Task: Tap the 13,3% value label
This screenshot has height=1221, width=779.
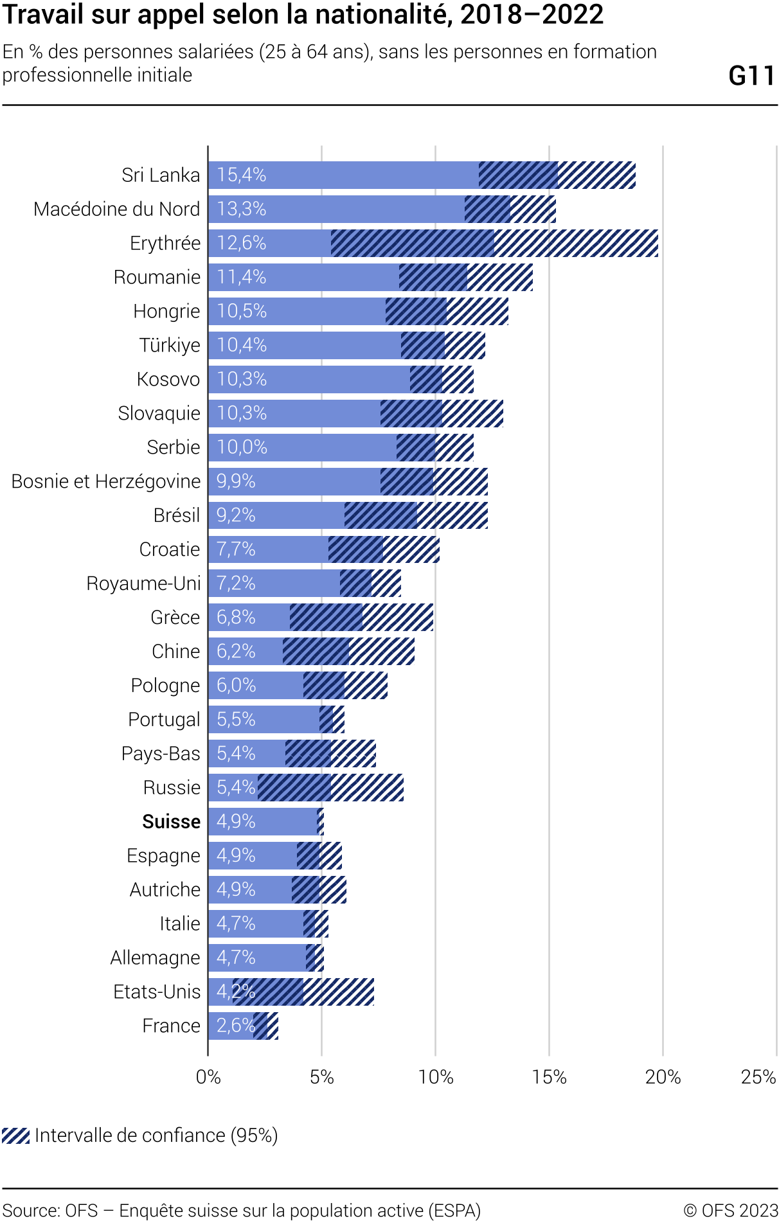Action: point(241,209)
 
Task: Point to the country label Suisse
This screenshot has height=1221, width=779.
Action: point(171,822)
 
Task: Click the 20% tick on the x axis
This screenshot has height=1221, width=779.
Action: point(663,1077)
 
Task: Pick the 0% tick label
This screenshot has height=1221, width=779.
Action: point(208,1077)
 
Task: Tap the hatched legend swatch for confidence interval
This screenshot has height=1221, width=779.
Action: point(16,1136)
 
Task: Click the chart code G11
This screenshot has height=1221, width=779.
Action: point(751,76)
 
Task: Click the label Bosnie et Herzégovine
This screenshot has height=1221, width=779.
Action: point(106,481)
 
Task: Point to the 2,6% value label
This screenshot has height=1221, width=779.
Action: point(236,1026)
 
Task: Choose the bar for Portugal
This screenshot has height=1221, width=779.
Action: point(270,720)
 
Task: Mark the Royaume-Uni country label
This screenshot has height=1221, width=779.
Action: point(143,584)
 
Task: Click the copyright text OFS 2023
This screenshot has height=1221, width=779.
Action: point(731,1211)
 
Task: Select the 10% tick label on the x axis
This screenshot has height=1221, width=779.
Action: point(435,1077)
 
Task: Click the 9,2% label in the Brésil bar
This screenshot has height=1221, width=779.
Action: point(236,515)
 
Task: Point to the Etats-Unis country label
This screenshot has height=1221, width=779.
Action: point(157,992)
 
